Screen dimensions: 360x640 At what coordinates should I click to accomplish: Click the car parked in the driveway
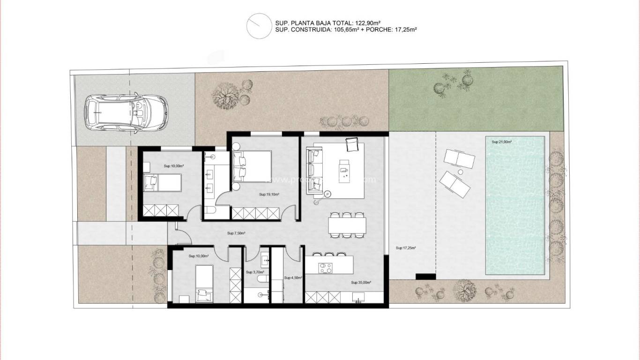[126, 112]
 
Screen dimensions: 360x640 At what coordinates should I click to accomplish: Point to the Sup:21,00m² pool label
[501, 142]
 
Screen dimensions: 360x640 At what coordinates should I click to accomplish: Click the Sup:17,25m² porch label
[406, 248]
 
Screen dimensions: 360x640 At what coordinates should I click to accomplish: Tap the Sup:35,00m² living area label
[361, 283]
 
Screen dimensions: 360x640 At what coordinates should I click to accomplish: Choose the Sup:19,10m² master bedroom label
[269, 194]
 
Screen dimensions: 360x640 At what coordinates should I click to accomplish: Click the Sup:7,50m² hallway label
[236, 233]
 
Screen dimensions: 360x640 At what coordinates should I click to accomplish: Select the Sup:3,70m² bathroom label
[255, 272]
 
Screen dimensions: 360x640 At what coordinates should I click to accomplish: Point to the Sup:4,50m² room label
[293, 277]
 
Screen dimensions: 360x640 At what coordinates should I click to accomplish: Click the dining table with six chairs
[347, 225]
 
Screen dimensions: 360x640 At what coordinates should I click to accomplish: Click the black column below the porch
[426, 277]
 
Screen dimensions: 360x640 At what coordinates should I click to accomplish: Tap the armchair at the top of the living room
[352, 145]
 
